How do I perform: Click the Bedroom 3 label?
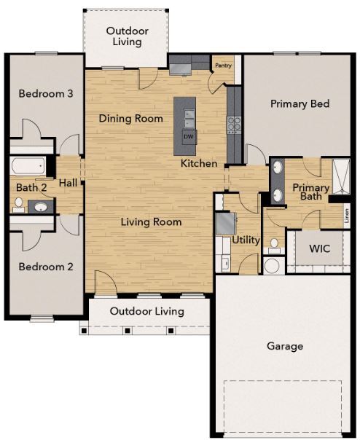46,93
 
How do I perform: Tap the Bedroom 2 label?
46,267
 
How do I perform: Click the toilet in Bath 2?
17,205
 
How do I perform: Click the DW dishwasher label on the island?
188,136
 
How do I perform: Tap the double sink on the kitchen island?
189,117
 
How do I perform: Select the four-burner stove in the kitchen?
235,124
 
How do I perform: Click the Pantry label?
222,64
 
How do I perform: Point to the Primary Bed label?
300,103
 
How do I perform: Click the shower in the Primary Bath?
340,174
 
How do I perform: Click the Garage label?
284,346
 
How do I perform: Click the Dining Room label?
130,118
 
